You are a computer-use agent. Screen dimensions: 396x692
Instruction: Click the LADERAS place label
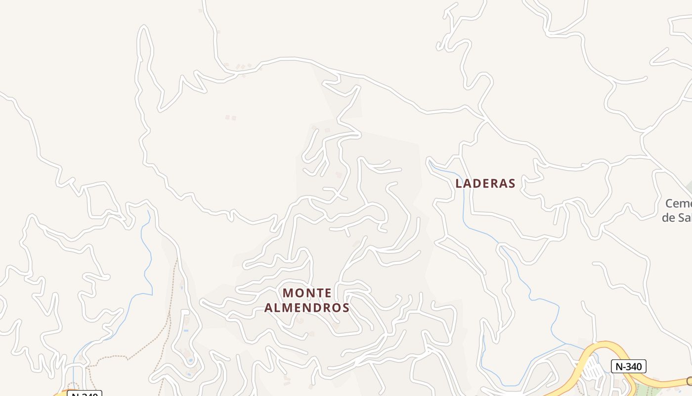485,183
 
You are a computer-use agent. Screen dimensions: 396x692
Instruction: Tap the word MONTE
307,293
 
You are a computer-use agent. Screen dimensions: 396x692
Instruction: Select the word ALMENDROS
307,308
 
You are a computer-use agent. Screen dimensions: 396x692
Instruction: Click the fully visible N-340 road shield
629,366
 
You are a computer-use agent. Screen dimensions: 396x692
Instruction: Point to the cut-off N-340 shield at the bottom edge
85,394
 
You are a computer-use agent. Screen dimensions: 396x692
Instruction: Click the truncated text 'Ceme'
678,203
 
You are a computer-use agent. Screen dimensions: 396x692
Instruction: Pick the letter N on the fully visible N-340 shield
618,366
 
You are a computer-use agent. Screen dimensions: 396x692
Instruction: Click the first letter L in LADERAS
459,183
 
